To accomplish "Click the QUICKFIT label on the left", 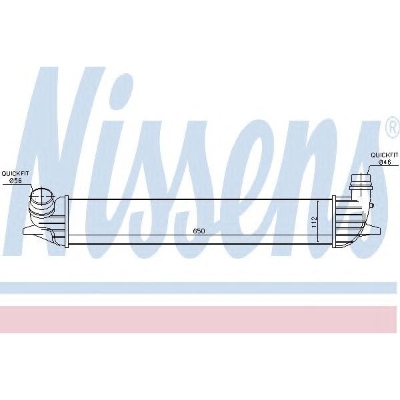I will [x=14, y=173].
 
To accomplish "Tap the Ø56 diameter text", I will [x=15, y=180].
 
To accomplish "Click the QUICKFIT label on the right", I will [x=384, y=155].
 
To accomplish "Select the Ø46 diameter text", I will [x=384, y=162].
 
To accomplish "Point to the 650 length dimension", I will [x=199, y=231].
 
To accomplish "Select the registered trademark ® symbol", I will [x=391, y=126].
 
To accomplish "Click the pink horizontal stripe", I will [x=200, y=319].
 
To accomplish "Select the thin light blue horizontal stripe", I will [x=200, y=287].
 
